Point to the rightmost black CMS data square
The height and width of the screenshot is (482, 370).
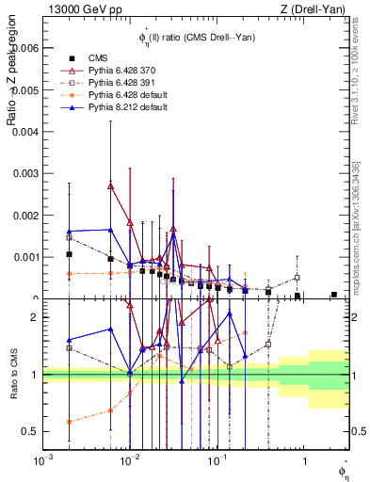[333, 295]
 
